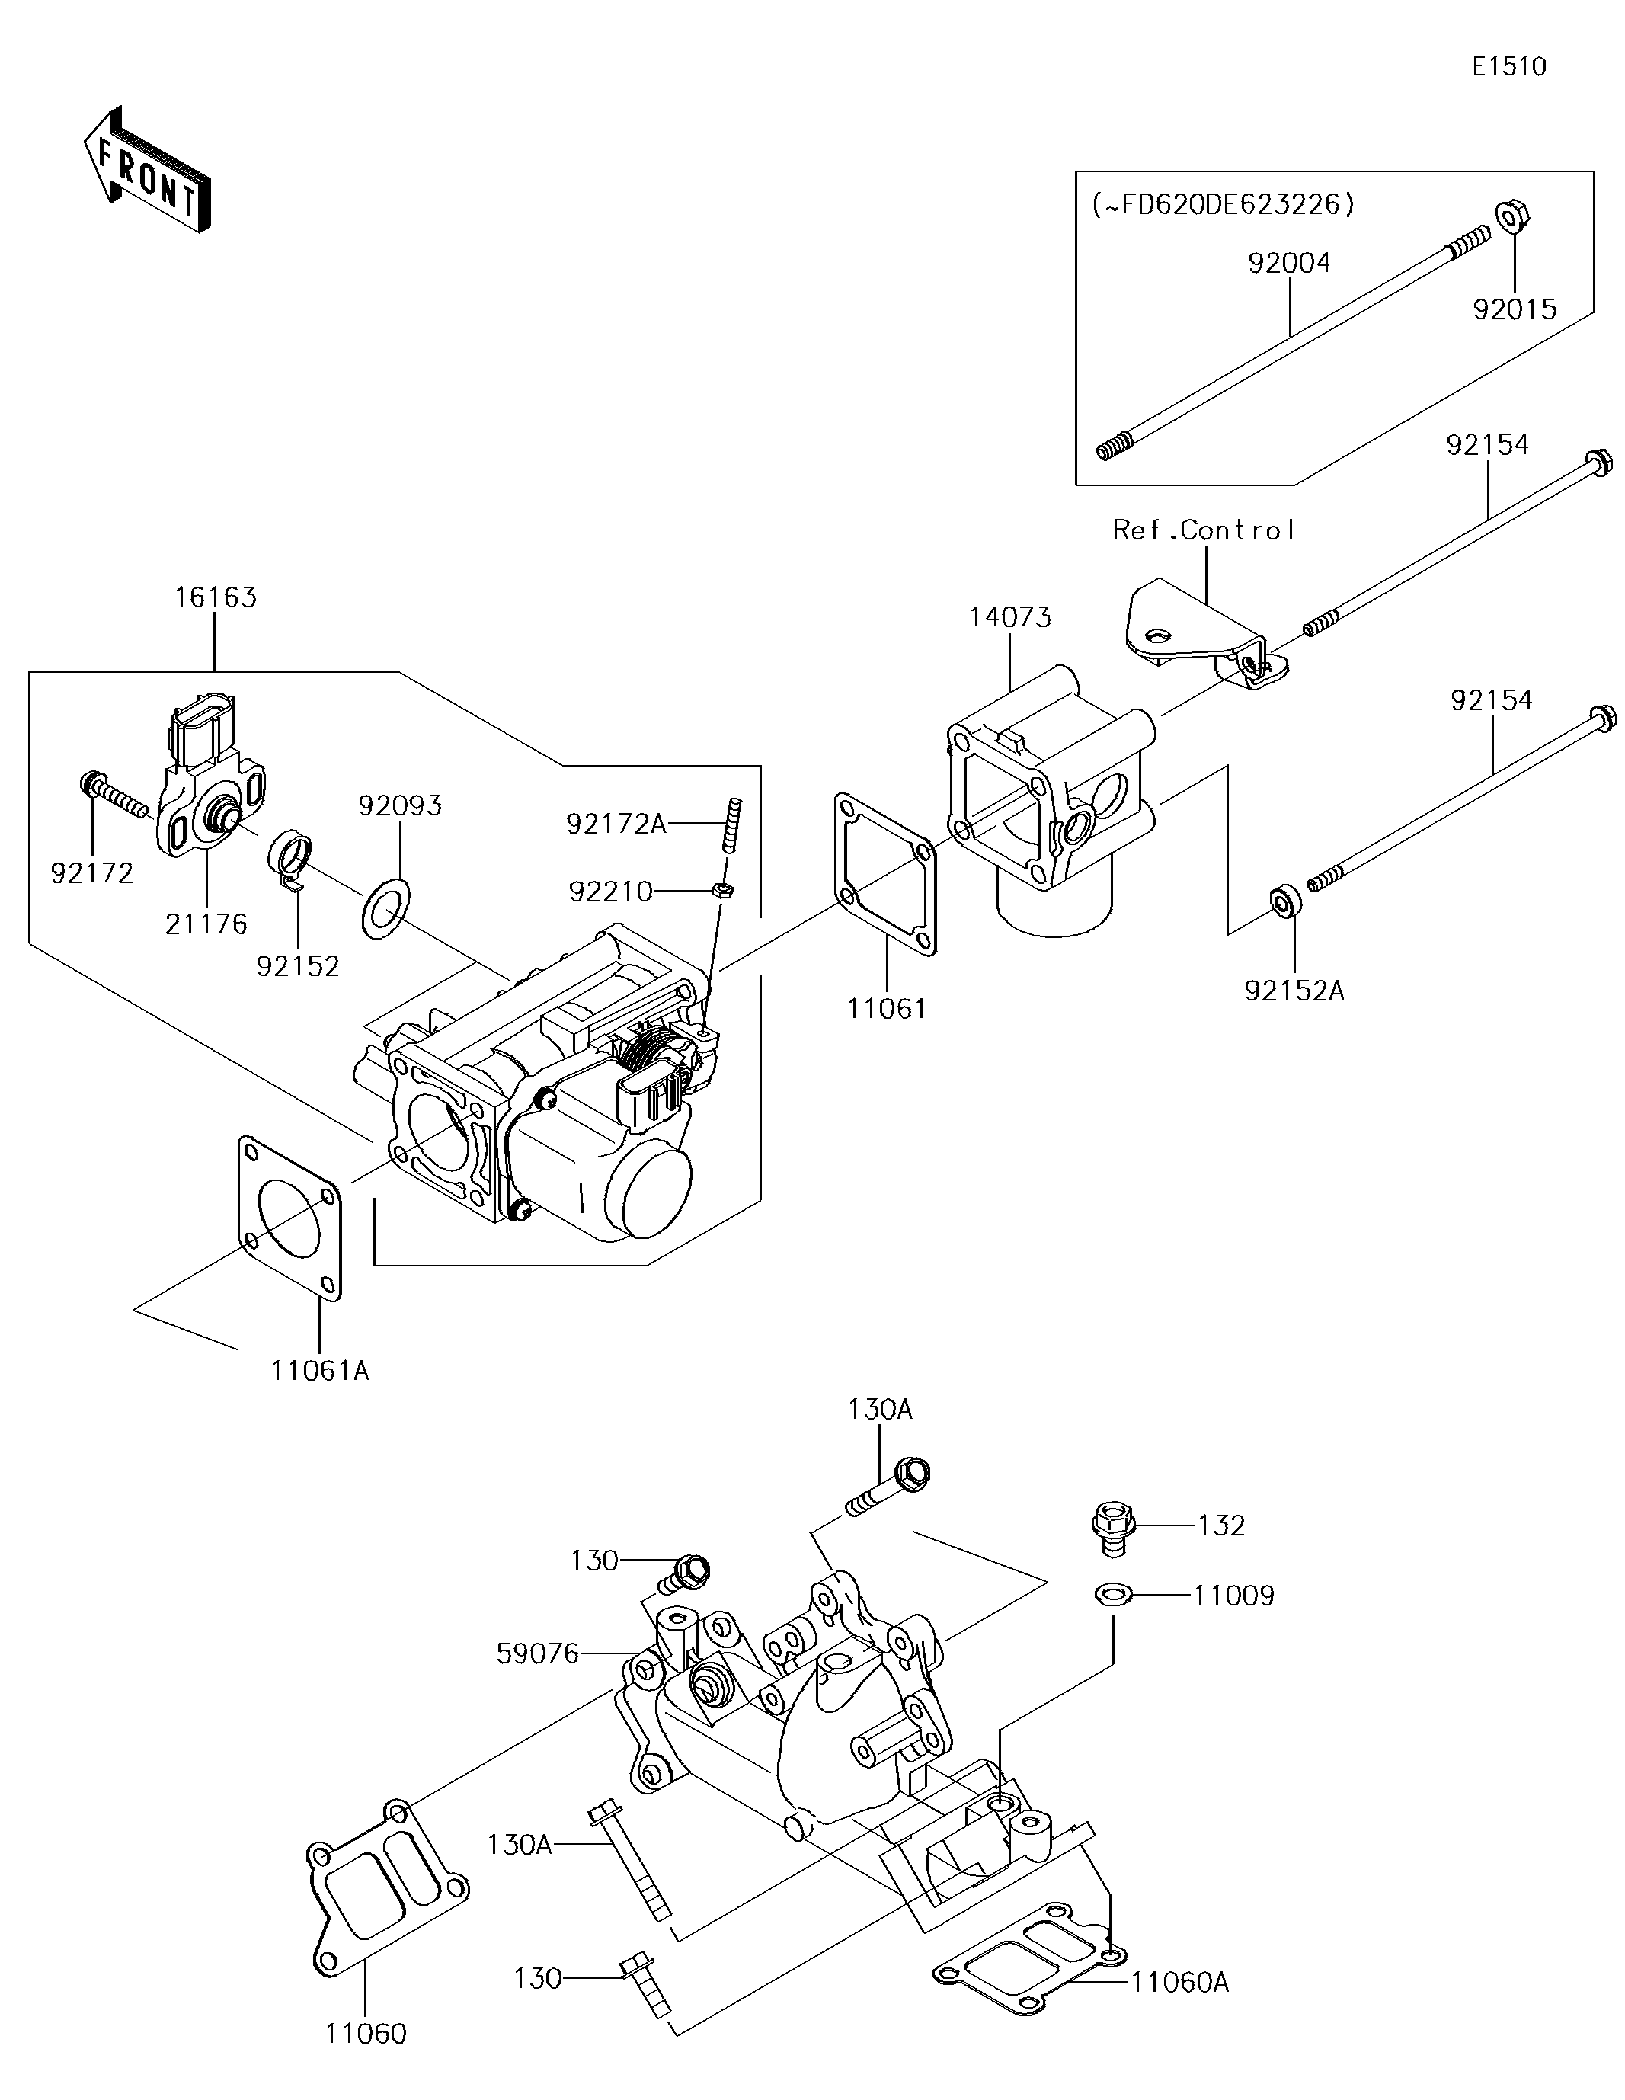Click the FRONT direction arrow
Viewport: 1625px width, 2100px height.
pyautogui.click(x=146, y=169)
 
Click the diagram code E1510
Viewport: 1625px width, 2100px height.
pyautogui.click(x=1510, y=66)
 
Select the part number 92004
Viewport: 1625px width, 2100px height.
pyautogui.click(x=1288, y=262)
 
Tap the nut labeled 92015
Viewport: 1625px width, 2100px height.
pyautogui.click(x=1512, y=217)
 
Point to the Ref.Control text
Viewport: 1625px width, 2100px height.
pyautogui.click(x=1204, y=530)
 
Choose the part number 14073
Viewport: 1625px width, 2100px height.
pyautogui.click(x=1009, y=617)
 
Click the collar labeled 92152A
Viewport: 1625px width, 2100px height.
pyautogui.click(x=1287, y=901)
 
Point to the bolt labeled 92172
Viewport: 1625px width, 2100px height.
pyautogui.click(x=114, y=793)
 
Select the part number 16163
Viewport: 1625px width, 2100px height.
pyautogui.click(x=216, y=597)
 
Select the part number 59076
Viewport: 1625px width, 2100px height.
pyautogui.click(x=538, y=1653)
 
